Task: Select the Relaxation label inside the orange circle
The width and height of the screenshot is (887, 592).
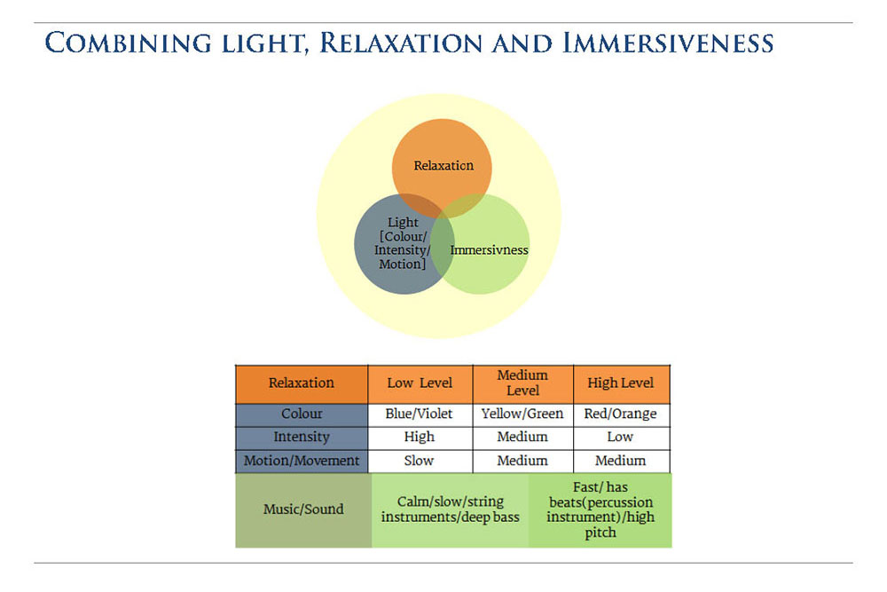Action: point(443,165)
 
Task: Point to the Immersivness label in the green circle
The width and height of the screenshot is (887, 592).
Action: point(489,250)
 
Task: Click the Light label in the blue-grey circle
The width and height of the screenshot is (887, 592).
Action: point(403,223)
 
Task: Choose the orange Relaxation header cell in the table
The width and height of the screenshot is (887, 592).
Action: point(302,383)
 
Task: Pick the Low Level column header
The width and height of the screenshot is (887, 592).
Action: point(420,383)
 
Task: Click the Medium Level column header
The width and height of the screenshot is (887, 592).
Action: point(523,383)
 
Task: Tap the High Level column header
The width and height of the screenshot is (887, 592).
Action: point(621,383)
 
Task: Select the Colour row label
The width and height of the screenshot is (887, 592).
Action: point(302,414)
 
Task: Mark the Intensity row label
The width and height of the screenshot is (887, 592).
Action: point(302,438)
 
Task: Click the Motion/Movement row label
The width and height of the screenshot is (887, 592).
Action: point(302,461)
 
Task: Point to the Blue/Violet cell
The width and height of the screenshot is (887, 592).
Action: point(420,414)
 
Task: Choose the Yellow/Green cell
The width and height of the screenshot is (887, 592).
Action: point(522,414)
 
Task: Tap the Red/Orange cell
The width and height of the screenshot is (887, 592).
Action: point(621,414)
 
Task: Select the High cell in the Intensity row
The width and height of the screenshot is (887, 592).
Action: point(420,438)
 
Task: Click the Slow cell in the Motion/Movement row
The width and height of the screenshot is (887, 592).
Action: point(420,461)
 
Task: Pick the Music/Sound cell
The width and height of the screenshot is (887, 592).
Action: point(302,509)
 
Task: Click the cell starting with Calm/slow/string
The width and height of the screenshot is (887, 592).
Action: point(450,509)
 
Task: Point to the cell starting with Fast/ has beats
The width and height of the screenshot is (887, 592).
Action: point(600,509)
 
